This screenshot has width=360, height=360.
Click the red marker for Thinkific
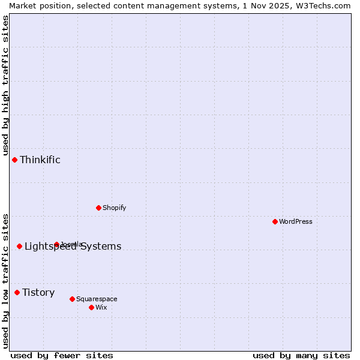click(x=14, y=160)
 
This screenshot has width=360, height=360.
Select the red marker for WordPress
click(x=275, y=221)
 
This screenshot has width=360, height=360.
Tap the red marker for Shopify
click(x=98, y=208)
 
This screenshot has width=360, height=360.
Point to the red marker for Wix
click(x=91, y=307)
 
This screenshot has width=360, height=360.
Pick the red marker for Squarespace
click(x=72, y=299)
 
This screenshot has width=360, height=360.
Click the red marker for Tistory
click(x=17, y=292)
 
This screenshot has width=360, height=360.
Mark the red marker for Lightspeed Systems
click(x=19, y=246)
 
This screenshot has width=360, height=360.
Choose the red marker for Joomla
click(x=56, y=244)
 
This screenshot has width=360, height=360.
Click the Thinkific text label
click(x=40, y=160)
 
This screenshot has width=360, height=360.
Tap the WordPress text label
click(x=296, y=221)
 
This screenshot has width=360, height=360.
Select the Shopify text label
click(x=114, y=208)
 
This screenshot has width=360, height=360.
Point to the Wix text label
click(x=101, y=307)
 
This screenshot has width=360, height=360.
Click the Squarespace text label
click(x=97, y=299)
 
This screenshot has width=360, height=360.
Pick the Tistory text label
click(x=38, y=292)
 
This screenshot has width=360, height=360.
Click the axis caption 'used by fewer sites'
click(x=62, y=355)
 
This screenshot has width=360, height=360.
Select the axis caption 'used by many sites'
click(x=301, y=355)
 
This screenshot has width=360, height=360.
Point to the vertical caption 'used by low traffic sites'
click(x=5, y=280)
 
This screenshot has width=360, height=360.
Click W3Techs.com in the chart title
click(x=322, y=5)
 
